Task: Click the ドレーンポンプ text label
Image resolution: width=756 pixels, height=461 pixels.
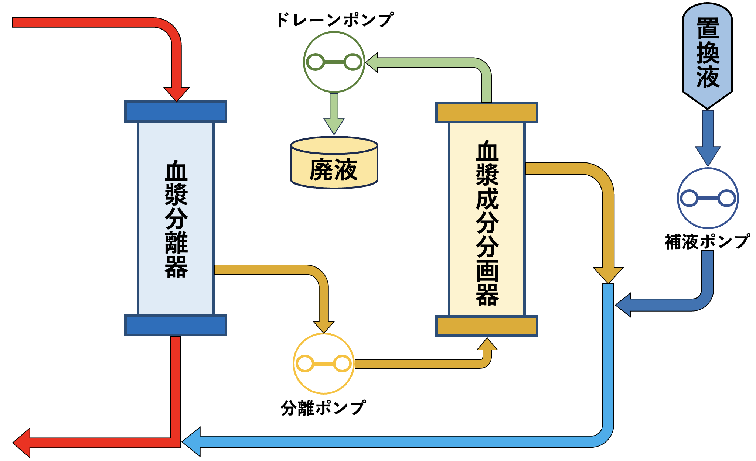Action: pyautogui.click(x=334, y=20)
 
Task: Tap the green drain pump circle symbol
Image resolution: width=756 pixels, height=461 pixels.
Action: pyautogui.click(x=334, y=62)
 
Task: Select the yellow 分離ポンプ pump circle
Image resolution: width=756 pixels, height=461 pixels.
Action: pyautogui.click(x=324, y=364)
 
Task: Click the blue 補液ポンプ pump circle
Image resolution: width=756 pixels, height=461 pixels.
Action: pyautogui.click(x=708, y=198)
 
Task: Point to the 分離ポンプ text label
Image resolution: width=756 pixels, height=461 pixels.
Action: pyautogui.click(x=323, y=408)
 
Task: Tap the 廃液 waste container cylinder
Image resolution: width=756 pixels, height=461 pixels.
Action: pyautogui.click(x=334, y=164)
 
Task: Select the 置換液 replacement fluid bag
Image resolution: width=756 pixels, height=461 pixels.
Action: pyautogui.click(x=707, y=55)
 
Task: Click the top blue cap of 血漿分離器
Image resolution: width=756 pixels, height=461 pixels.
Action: pyautogui.click(x=176, y=111)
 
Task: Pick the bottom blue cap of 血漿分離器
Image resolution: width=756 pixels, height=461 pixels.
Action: pyautogui.click(x=176, y=326)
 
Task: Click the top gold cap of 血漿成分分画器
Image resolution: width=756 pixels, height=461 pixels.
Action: pyautogui.click(x=487, y=113)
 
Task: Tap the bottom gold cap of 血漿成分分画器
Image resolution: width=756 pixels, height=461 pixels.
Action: pyautogui.click(x=487, y=326)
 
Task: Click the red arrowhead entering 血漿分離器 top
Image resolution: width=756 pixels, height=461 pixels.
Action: pyautogui.click(x=177, y=94)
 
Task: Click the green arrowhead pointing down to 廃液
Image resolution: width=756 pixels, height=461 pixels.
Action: pyautogui.click(x=334, y=125)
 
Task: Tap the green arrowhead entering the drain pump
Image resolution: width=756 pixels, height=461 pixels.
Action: pyautogui.click(x=372, y=62)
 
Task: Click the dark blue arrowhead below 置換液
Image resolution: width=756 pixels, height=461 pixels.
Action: pyautogui.click(x=708, y=155)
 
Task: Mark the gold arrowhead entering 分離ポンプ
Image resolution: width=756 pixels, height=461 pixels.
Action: pyautogui.click(x=324, y=327)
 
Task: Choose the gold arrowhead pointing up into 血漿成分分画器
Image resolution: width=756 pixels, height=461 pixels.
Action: pyautogui.click(x=487, y=344)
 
